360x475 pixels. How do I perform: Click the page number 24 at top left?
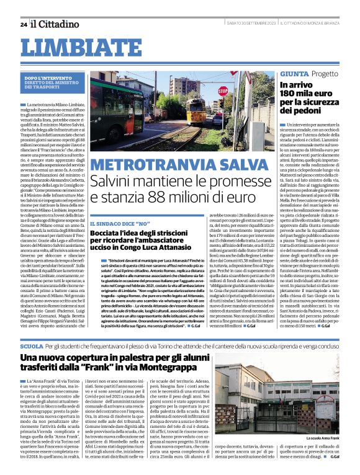click(23, 24)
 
